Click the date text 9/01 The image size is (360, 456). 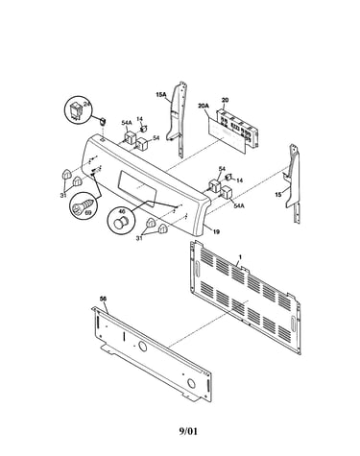188,431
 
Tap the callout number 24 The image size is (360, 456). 86,104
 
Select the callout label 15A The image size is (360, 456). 160,94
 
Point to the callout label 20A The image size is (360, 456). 204,106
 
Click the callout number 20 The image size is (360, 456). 225,100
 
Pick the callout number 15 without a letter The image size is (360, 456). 277,194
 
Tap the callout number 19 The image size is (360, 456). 216,231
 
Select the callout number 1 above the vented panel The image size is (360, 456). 240,256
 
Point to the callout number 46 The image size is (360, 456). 122,211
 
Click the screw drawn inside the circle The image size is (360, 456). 84,204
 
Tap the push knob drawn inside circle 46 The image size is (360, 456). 121,222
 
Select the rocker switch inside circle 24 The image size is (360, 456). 77,111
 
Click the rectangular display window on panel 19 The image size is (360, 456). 137,187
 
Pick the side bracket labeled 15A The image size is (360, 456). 177,118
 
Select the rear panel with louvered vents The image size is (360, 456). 246,298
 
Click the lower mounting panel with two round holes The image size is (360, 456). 152,353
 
